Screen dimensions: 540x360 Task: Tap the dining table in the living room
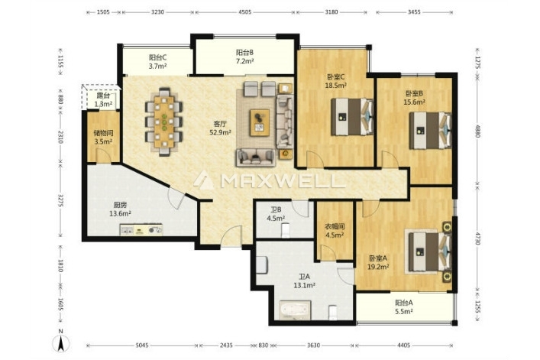click(x=164, y=122)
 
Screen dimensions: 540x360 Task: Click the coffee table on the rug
click(x=260, y=122)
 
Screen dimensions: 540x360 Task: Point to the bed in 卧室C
click(x=352, y=117)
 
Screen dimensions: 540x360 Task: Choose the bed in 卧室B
click(x=430, y=130)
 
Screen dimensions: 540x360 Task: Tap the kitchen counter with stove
click(x=141, y=230)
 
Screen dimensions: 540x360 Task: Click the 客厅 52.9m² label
click(x=220, y=128)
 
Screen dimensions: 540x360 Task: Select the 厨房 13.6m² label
click(x=120, y=209)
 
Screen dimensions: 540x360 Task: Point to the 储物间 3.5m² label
click(x=103, y=137)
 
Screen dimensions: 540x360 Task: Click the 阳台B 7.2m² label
click(x=245, y=57)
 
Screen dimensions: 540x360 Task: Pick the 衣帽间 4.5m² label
click(x=335, y=231)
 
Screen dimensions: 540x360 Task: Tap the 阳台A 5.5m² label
click(x=404, y=307)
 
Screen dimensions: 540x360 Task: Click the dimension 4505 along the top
click(x=245, y=12)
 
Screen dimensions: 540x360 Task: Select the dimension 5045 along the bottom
click(x=142, y=345)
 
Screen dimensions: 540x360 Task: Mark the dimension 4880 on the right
click(x=477, y=131)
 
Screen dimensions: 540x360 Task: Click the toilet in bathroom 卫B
click(x=286, y=231)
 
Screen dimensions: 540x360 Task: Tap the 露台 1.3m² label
click(x=103, y=100)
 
